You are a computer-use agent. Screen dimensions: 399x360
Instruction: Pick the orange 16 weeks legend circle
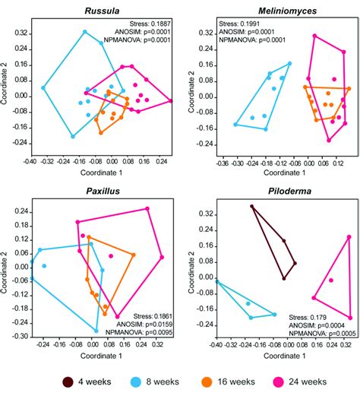coord(221,381)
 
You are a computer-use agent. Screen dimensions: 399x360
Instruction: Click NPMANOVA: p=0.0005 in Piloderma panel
coord(323,332)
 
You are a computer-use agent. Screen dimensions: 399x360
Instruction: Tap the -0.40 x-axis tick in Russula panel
coord(30,160)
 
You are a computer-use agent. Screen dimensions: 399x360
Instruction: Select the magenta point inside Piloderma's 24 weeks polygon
coord(330,280)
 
